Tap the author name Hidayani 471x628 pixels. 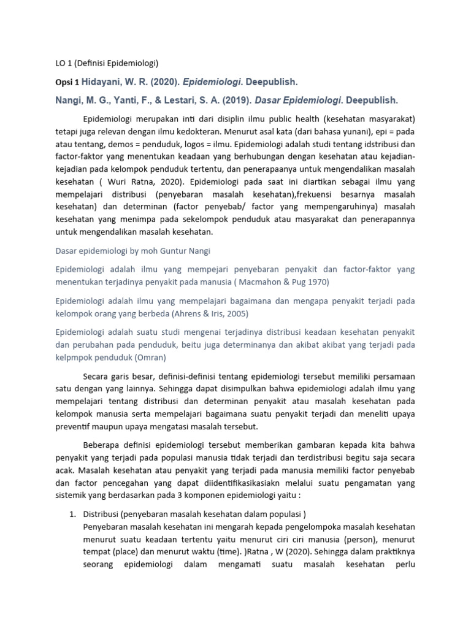(x=107, y=82)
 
